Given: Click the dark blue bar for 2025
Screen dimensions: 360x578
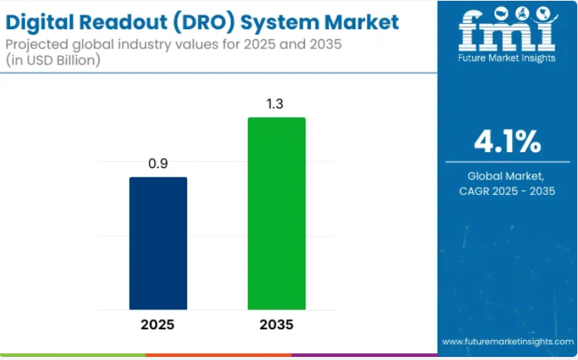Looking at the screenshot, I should click(157, 243).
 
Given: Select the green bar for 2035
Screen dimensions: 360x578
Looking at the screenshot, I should click(276, 213).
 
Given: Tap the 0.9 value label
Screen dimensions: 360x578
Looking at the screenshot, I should click(157, 163).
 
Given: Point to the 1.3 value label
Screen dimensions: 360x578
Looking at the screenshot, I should click(276, 104).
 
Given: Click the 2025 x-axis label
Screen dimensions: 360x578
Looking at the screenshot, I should click(157, 325).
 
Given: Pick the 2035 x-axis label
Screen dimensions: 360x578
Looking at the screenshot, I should click(276, 325).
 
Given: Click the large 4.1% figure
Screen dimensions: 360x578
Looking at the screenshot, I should click(507, 141).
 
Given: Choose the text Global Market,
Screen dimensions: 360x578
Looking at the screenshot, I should click(507, 176).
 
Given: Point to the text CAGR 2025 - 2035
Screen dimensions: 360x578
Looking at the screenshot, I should click(507, 190).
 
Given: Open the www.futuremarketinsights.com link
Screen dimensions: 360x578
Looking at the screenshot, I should click(507, 341).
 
